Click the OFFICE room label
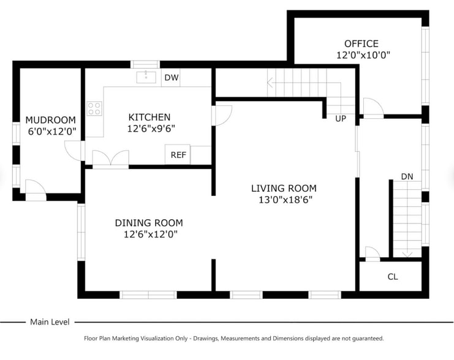[x=361, y=43]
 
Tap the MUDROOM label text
[x=50, y=120]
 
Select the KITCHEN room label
[x=149, y=117]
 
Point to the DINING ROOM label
[x=149, y=223]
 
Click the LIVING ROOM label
[x=284, y=188]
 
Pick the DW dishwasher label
[x=172, y=77]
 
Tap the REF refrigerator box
[x=178, y=155]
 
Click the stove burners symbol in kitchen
[x=94, y=108]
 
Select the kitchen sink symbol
[x=146, y=77]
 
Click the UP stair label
[x=341, y=118]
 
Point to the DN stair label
[x=407, y=176]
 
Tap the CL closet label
[x=393, y=277]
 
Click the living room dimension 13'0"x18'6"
[x=284, y=200]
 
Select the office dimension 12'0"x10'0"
[x=363, y=55]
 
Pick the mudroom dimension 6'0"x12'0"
[x=51, y=131]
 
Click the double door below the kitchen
[x=110, y=159]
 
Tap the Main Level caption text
[x=50, y=321]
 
